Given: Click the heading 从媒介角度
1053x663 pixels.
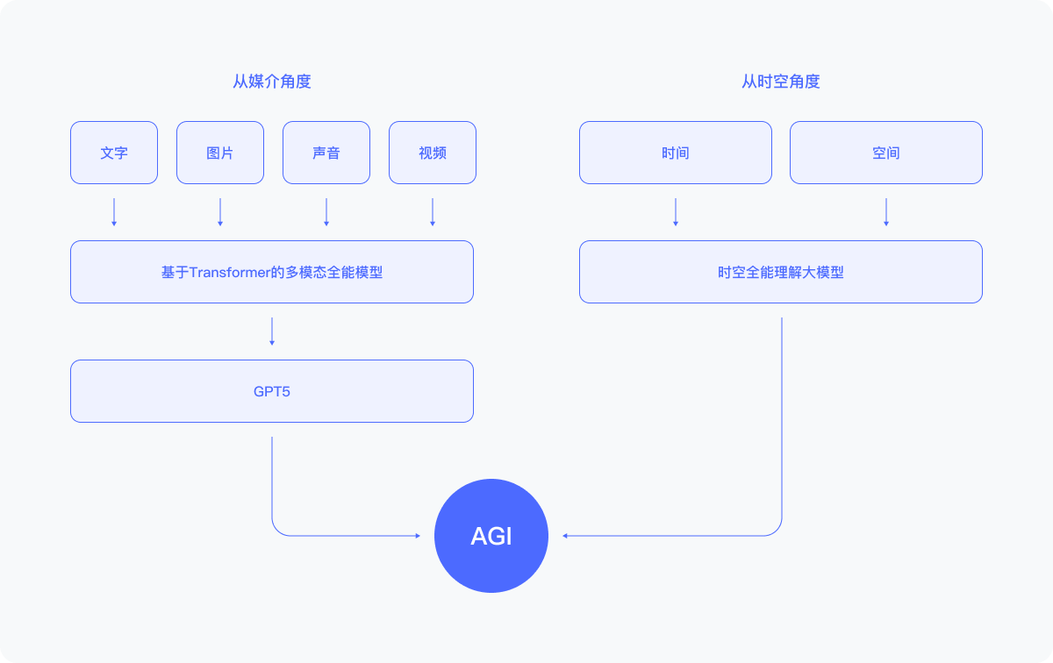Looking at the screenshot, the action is point(272,82).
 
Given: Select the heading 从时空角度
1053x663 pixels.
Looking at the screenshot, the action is point(780,82).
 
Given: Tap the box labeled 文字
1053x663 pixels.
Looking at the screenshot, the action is point(114,153).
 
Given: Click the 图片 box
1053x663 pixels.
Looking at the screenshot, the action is point(220,153).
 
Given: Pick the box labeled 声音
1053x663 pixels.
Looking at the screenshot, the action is point(326,153).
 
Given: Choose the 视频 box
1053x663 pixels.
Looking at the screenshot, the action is point(433,153).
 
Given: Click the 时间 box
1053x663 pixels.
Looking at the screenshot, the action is point(676,153).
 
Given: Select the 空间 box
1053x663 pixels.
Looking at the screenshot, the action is point(886,153).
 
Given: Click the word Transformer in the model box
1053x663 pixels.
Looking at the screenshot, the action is point(230,273).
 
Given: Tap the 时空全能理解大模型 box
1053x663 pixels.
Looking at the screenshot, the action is point(781,272).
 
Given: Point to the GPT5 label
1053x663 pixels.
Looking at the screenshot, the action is point(272,391).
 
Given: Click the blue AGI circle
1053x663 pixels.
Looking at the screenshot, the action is point(491,536).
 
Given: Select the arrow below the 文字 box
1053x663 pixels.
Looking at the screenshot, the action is point(114,212).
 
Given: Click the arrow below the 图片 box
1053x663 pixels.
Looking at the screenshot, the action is point(220,212).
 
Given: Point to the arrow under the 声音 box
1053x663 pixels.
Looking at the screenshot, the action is point(326,212).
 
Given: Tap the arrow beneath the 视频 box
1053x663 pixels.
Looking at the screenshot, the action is point(433,212).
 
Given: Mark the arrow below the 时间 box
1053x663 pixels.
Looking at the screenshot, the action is point(676,212).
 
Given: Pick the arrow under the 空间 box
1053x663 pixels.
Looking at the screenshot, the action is point(886,212).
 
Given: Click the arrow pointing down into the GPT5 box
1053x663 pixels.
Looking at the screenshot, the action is point(272,331).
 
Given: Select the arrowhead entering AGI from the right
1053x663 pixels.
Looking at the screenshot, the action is point(565,536).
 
